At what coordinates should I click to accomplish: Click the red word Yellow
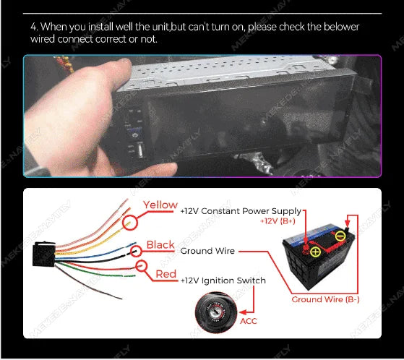pos(160,205)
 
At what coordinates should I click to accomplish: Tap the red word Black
pos(160,245)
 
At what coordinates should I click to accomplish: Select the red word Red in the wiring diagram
pos(166,274)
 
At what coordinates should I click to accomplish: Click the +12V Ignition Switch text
pos(223,280)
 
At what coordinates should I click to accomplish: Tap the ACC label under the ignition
pos(249,321)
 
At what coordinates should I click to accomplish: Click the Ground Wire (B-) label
pos(325,299)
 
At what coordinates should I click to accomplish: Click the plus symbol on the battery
pos(315,251)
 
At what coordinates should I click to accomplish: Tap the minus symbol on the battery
pos(339,235)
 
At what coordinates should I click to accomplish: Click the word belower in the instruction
pos(341,27)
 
